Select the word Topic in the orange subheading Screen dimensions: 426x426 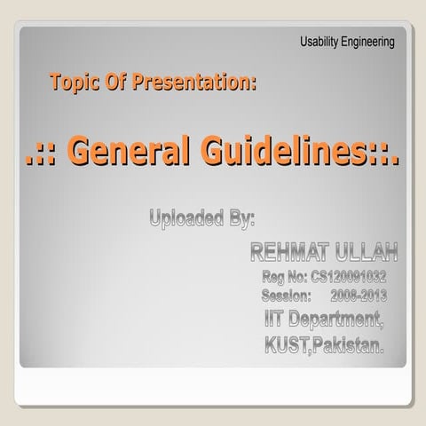[x=74, y=83]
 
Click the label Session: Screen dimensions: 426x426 [x=287, y=294]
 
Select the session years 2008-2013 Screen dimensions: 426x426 [x=358, y=294]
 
